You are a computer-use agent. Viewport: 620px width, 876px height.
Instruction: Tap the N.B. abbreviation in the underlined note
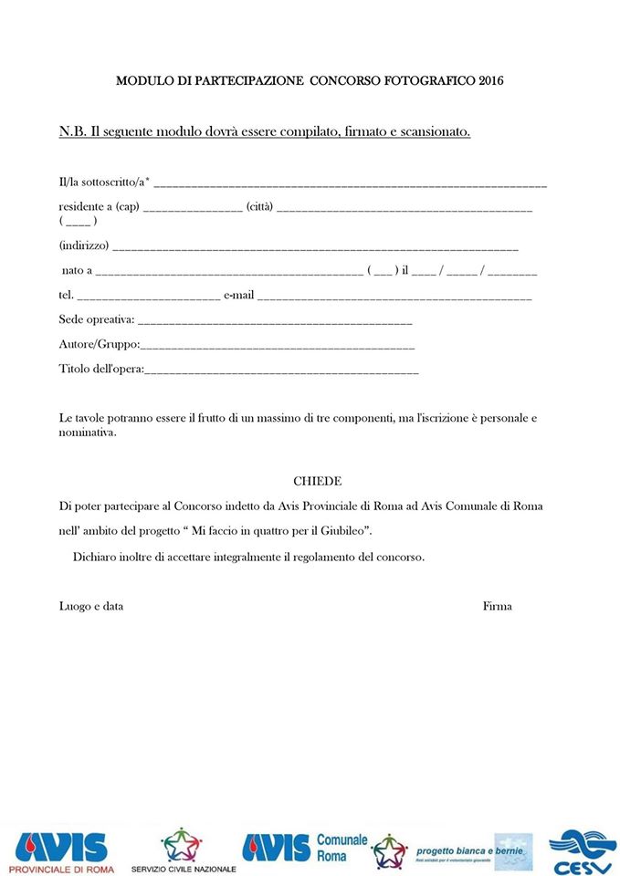click(x=72, y=131)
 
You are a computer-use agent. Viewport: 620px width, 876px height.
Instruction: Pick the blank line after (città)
click(x=404, y=209)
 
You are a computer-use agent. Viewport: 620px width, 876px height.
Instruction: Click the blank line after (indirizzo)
click(x=315, y=247)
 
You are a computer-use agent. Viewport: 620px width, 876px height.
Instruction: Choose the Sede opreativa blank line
click(x=275, y=322)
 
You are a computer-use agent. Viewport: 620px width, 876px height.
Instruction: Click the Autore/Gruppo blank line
click(x=278, y=347)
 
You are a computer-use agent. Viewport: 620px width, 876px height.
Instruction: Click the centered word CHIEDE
click(x=317, y=481)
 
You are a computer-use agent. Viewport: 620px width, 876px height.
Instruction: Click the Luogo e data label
click(x=91, y=606)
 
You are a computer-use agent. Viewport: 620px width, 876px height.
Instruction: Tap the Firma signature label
click(x=498, y=606)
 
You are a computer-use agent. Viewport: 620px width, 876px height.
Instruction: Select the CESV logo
click(x=582, y=850)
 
